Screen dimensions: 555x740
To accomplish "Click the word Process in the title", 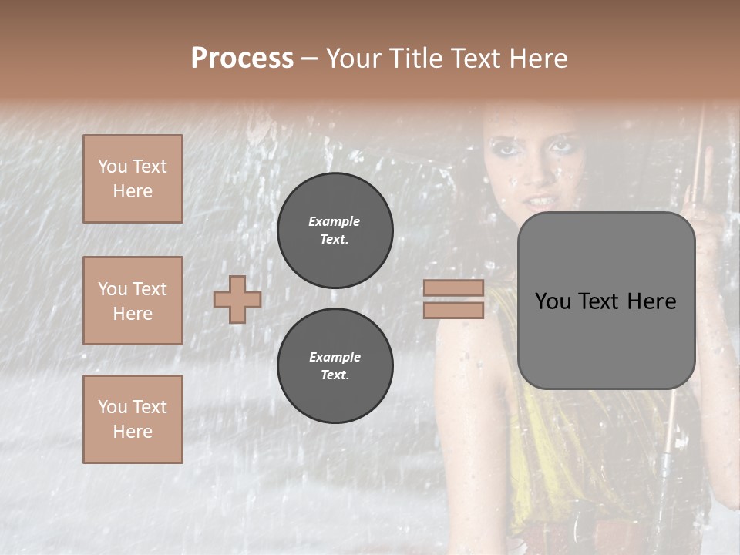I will tap(242, 59).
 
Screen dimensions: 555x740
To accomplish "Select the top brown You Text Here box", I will tap(133, 179).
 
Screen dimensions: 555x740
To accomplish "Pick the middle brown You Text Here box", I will tap(133, 301).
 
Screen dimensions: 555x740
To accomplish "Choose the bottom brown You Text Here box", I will tap(133, 419).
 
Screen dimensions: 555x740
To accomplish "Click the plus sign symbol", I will tap(237, 299).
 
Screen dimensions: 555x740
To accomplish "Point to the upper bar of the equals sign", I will tap(453, 288).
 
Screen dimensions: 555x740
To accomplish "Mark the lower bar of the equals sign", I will tap(453, 310).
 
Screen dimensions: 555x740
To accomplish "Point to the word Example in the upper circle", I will tap(335, 221).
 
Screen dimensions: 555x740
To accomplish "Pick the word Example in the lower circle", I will tap(335, 357).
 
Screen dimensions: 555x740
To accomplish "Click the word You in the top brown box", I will tap(112, 166).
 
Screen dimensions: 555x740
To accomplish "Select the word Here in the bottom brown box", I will tap(133, 432).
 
